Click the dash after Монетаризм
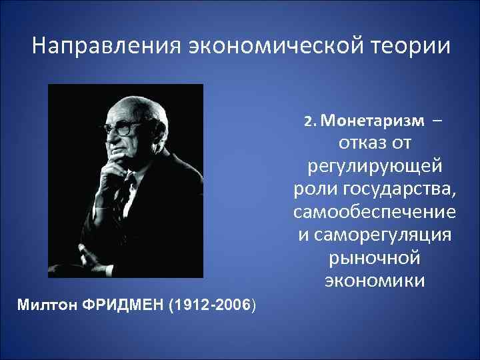[436, 121]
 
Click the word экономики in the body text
[375, 281]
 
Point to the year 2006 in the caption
[230, 305]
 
